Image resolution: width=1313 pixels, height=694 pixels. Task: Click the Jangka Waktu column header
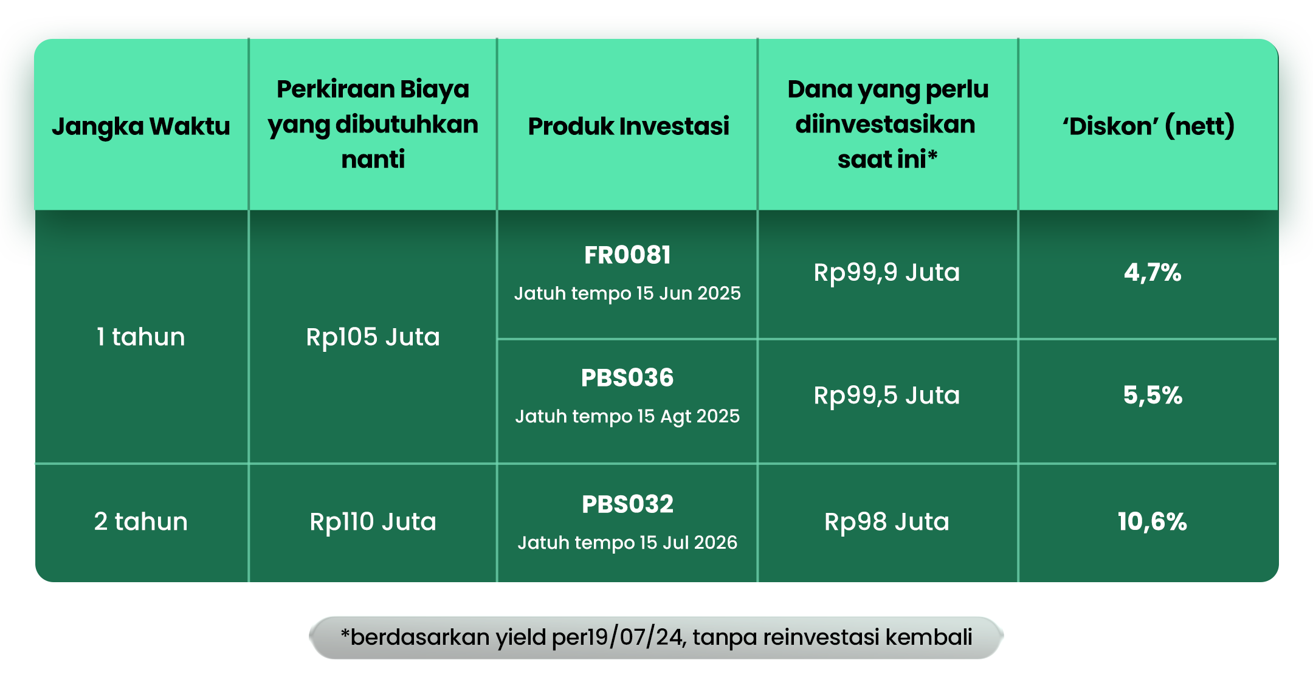pos(141,126)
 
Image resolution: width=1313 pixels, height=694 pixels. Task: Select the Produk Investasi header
pos(629,126)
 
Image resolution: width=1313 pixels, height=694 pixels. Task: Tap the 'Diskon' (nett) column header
pos(1148,126)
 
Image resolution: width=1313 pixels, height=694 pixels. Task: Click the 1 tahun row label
pos(141,337)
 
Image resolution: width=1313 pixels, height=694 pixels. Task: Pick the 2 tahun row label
pos(141,521)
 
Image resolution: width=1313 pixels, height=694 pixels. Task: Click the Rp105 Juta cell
pos(373,337)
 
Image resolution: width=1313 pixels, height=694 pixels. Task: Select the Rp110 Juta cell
pos(373,522)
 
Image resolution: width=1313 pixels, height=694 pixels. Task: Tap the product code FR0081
pos(627,255)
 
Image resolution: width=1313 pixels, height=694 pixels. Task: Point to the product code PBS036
pos(627,378)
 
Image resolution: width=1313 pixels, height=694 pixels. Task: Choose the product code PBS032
pos(627,504)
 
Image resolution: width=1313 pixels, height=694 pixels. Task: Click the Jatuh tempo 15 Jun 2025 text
pos(627,294)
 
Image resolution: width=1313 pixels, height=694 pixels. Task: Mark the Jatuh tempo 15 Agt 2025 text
pos(627,416)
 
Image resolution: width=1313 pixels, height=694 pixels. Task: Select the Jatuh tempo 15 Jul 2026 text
pos(627,543)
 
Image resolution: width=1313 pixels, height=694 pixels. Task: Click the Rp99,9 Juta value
pos(887,273)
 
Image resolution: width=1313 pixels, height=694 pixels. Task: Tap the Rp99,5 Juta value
pos(887,396)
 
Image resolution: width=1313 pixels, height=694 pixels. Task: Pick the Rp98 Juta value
pos(887,522)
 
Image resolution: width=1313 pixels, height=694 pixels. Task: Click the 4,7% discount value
pos(1153,273)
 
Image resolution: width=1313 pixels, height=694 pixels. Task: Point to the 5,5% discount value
pos(1153,396)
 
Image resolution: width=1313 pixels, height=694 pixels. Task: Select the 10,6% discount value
pos(1153,522)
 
